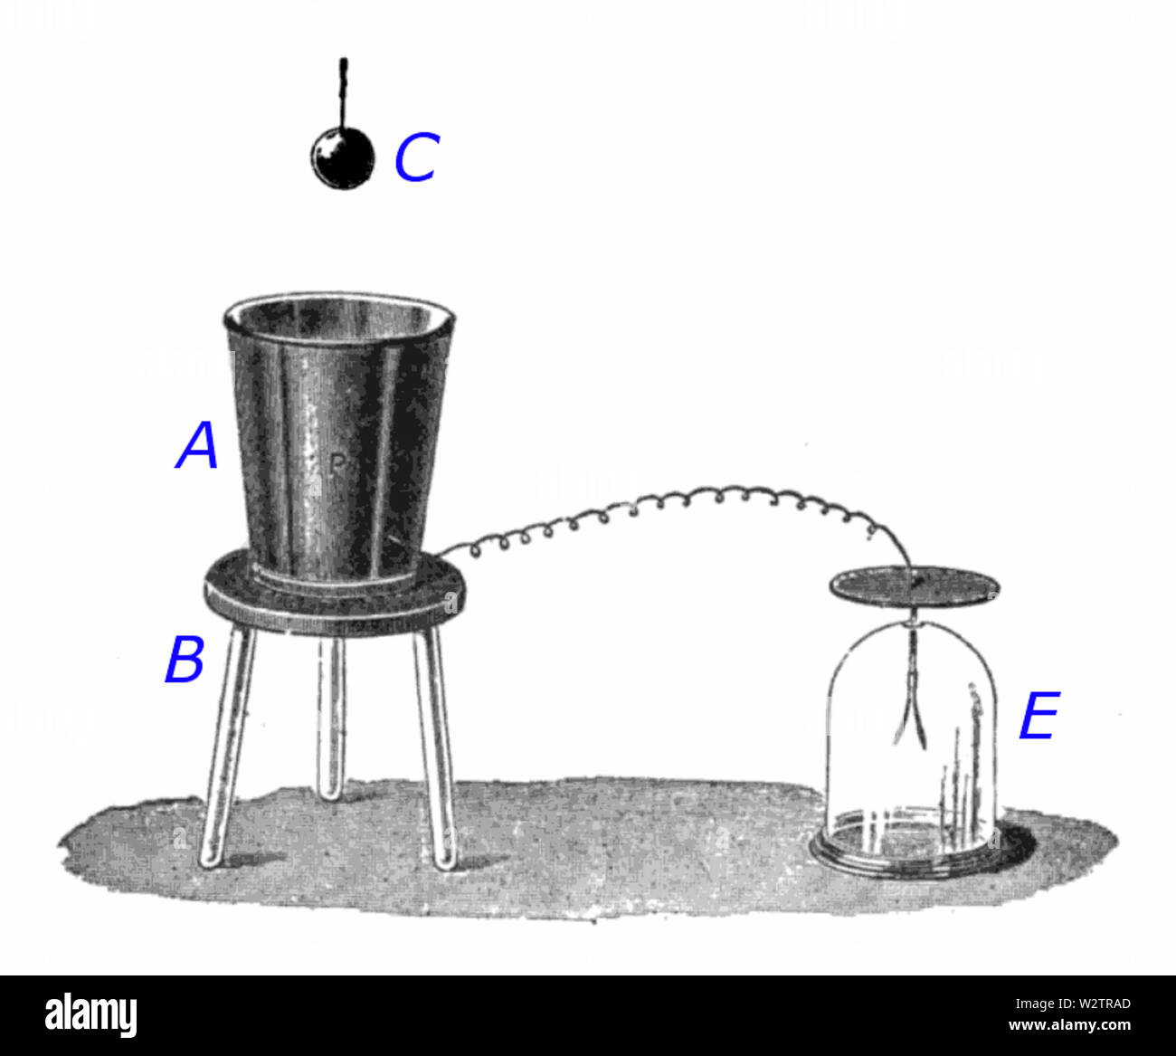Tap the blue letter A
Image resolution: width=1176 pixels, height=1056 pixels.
click(198, 447)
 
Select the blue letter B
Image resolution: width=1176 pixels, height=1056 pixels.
click(185, 660)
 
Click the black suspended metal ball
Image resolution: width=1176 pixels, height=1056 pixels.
click(342, 157)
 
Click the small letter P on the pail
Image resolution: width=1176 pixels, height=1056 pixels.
click(336, 465)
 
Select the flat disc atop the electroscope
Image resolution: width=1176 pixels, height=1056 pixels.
click(915, 585)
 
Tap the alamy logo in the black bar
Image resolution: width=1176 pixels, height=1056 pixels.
click(90, 1015)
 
